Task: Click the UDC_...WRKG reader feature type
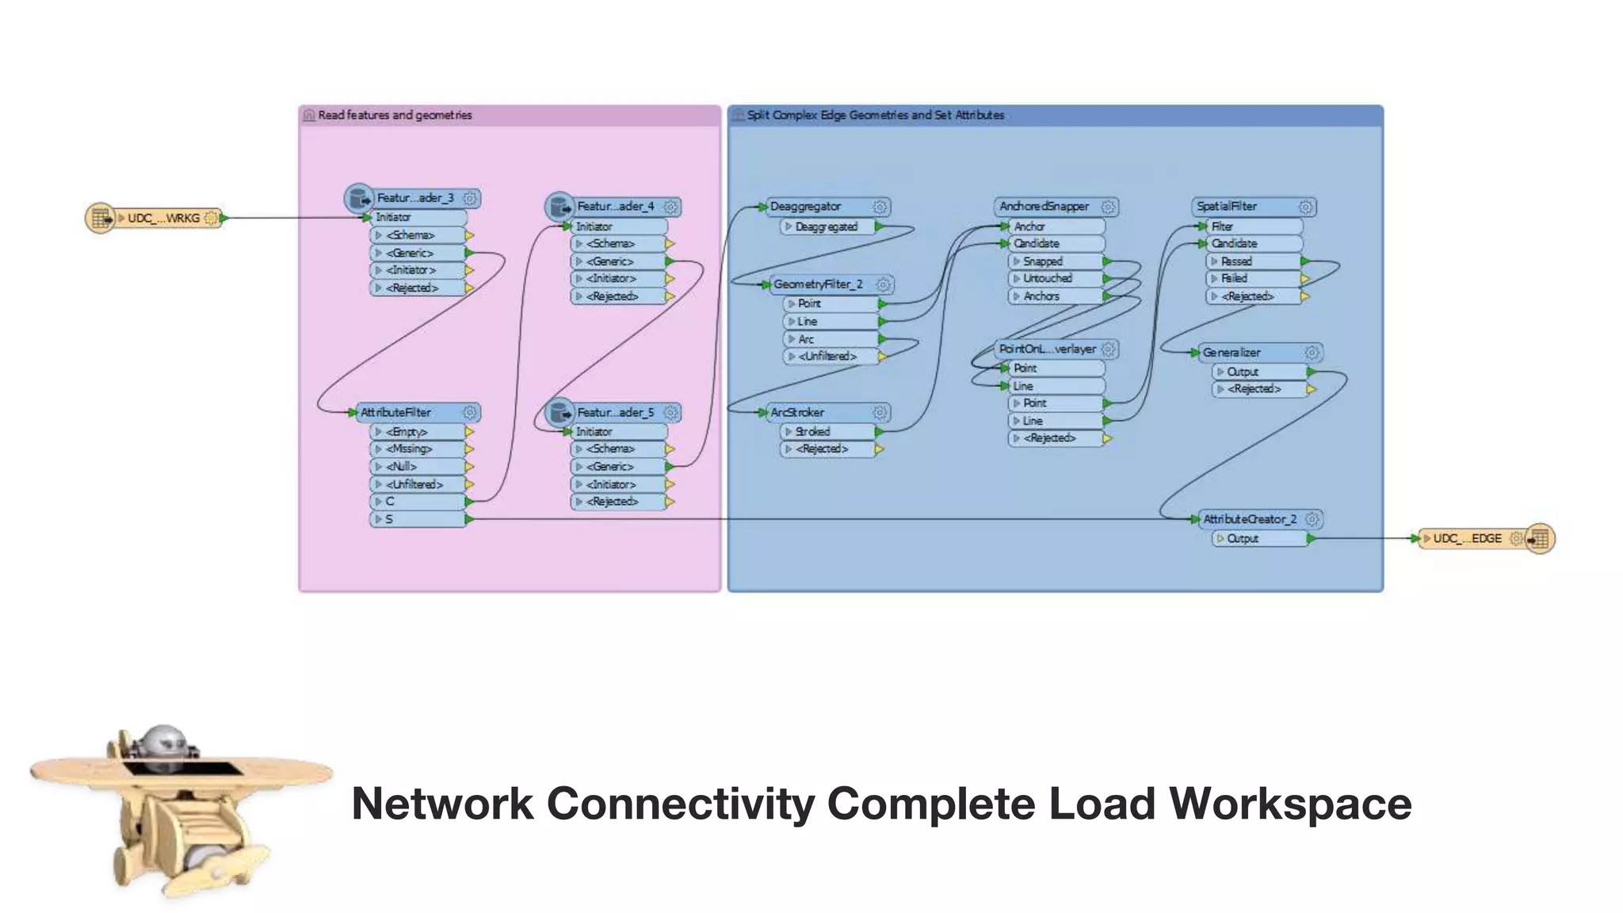click(x=162, y=218)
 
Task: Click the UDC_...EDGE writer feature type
click(x=1467, y=539)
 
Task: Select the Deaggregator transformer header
click(x=806, y=207)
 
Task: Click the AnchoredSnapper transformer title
click(x=1044, y=207)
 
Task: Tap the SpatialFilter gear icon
click(x=1306, y=207)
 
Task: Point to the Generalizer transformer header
click(x=1232, y=353)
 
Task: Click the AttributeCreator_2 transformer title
click(x=1250, y=520)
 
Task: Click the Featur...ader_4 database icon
click(x=559, y=207)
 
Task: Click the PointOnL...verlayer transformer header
click(x=1047, y=350)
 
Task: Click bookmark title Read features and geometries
click(x=395, y=116)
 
